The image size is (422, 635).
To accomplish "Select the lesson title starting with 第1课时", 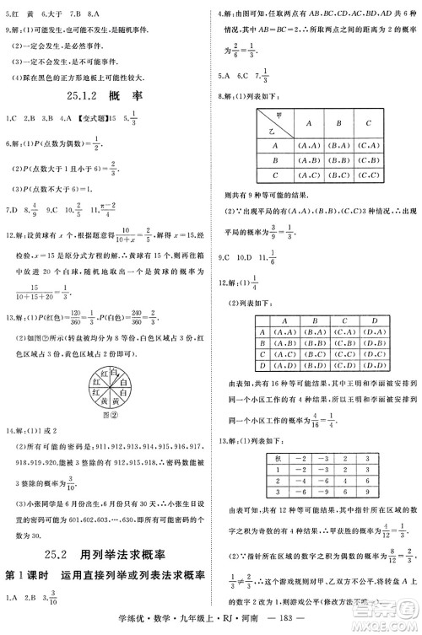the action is click(105, 575).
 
